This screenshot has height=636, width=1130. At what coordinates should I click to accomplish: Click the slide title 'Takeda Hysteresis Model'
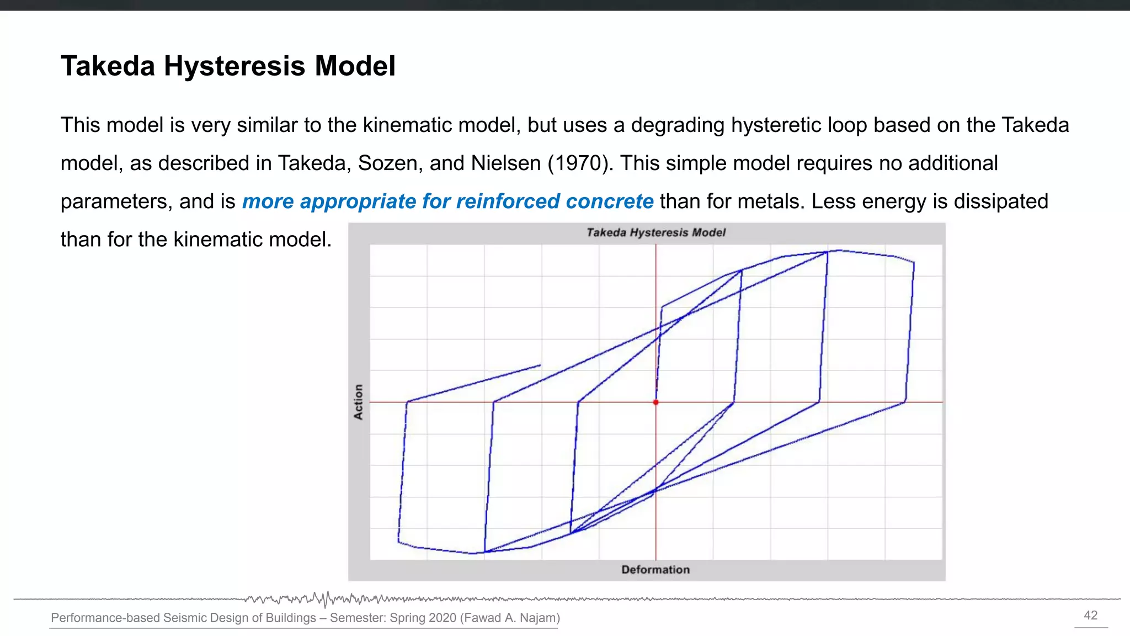click(x=228, y=66)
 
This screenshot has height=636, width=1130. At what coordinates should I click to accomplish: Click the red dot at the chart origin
click(x=655, y=402)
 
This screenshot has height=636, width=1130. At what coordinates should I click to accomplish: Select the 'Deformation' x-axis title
click(x=655, y=570)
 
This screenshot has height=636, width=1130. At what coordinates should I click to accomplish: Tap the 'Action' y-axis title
click(x=359, y=402)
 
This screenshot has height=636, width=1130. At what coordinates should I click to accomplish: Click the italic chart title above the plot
click(x=655, y=232)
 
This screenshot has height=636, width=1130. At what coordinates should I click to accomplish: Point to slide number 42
click(x=1091, y=616)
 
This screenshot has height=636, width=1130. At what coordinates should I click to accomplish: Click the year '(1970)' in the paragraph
click(x=580, y=163)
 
